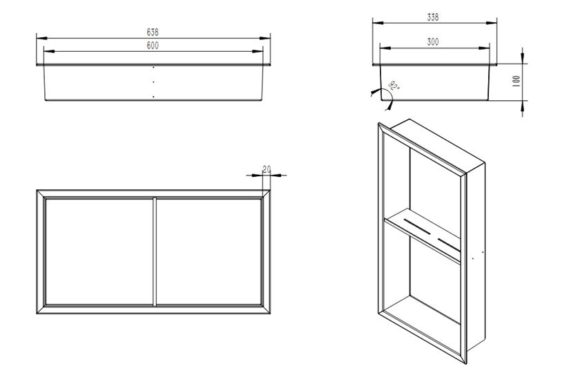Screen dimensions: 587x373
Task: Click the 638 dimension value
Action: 153,32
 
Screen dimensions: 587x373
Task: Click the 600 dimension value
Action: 153,46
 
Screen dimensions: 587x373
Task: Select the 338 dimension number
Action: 433,17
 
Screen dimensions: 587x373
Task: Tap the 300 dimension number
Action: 433,42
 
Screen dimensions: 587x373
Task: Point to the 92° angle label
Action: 394,86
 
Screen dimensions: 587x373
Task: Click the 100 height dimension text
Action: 516,82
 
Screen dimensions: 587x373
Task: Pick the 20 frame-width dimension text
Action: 267,170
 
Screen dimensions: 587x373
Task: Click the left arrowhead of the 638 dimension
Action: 41,38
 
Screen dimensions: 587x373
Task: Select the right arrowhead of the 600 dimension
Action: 258,51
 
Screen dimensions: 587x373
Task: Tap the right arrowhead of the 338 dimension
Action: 492,23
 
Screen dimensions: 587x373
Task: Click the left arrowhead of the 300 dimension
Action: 385,48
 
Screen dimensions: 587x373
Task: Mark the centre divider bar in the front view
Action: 155,251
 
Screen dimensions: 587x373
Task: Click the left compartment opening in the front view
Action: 99,251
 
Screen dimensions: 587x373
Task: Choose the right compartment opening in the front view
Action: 209,251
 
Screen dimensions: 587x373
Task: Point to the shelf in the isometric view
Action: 422,235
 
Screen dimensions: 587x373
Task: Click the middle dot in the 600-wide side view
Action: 153,82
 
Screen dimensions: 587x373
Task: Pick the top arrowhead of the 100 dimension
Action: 523,58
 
